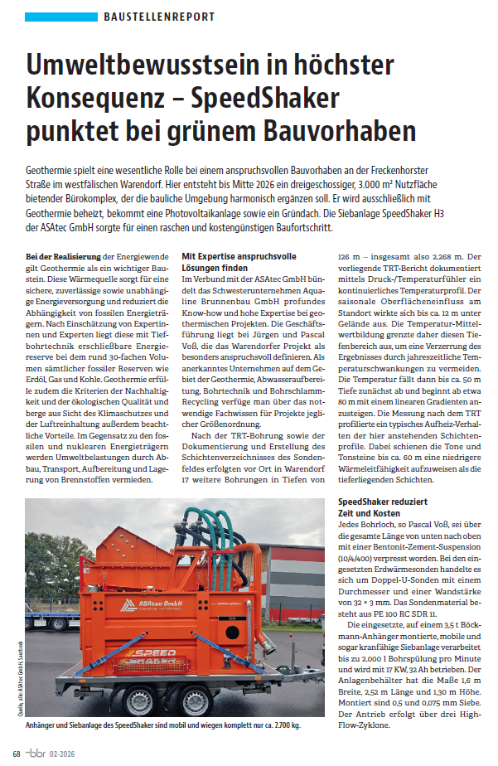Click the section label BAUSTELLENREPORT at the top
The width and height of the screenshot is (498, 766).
[x=160, y=17]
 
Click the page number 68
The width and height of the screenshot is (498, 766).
[x=17, y=753]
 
